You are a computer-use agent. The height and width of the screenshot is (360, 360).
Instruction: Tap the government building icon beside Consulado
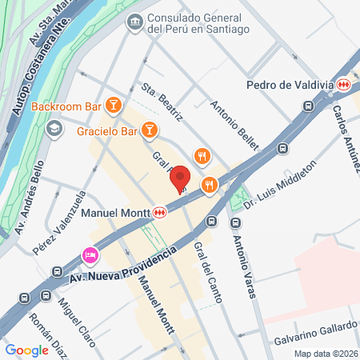pyautogui.click(x=134, y=22)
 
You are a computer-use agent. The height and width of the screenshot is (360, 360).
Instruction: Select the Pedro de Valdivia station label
pyautogui.click(x=291, y=84)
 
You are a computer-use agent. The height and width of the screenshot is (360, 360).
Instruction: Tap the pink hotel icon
pyautogui.click(x=90, y=256)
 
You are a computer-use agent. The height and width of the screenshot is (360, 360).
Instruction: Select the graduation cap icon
pyautogui.click(x=54, y=128)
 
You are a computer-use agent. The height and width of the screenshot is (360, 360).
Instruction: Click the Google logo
pyautogui.click(x=26, y=350)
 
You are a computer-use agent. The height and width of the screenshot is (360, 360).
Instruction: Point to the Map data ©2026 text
pyautogui.click(x=325, y=353)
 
